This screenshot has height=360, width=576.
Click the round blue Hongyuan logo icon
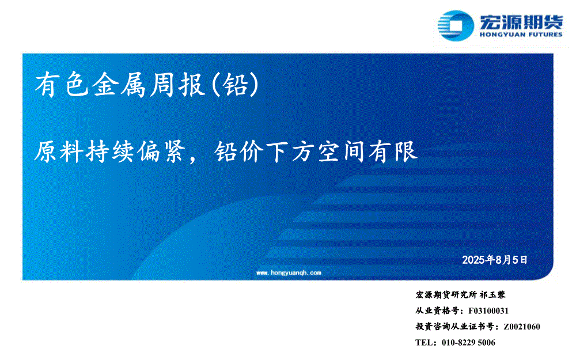click(456, 25)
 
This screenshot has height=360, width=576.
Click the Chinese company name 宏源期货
click(521, 22)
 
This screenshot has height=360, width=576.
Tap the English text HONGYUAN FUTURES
click(521, 35)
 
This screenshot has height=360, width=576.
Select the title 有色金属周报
click(120, 85)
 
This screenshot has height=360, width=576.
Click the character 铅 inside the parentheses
click(236, 85)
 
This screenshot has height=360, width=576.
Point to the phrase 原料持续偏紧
click(109, 151)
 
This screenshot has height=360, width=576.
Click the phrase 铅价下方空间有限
click(316, 151)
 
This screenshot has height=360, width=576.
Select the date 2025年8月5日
click(495, 260)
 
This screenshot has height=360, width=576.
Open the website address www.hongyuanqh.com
click(289, 272)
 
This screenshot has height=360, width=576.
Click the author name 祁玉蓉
click(492, 294)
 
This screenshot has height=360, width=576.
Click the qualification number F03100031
click(488, 311)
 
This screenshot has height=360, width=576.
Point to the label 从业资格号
click(437, 311)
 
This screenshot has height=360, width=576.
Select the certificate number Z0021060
click(522, 327)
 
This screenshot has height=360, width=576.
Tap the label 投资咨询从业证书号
click(455, 327)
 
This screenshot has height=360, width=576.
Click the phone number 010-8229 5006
click(468, 342)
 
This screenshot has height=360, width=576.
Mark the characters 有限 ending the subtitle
click(393, 151)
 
